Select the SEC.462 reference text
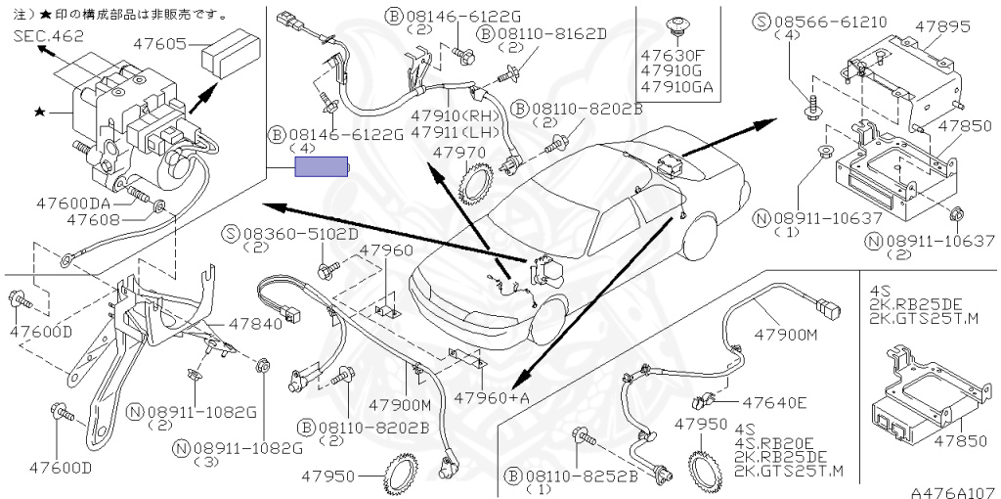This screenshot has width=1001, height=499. [49, 35]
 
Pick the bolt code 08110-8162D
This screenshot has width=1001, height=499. [549, 32]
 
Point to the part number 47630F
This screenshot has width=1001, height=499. [675, 56]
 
